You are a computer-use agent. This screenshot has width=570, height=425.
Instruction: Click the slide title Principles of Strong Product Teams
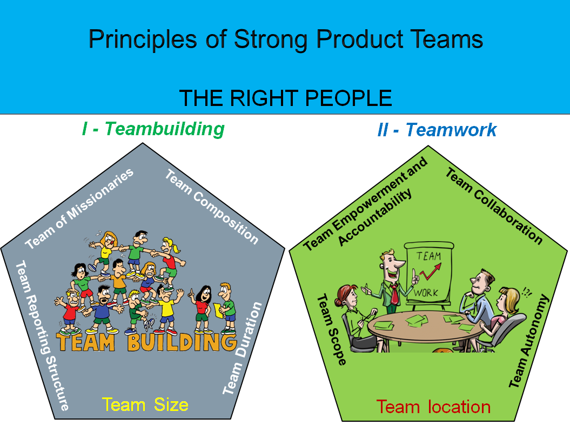285,39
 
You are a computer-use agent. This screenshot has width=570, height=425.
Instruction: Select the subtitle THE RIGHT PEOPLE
285,98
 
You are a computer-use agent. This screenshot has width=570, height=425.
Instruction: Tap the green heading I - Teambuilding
153,129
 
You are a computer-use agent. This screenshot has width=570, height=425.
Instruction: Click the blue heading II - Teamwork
437,130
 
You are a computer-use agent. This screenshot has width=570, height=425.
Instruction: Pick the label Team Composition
211,206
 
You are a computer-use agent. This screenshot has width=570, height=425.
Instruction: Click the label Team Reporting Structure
42,335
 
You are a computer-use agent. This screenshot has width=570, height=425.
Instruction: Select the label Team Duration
243,348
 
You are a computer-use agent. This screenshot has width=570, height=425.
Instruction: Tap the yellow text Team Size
145,404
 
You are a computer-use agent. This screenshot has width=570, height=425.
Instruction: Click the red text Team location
433,407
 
